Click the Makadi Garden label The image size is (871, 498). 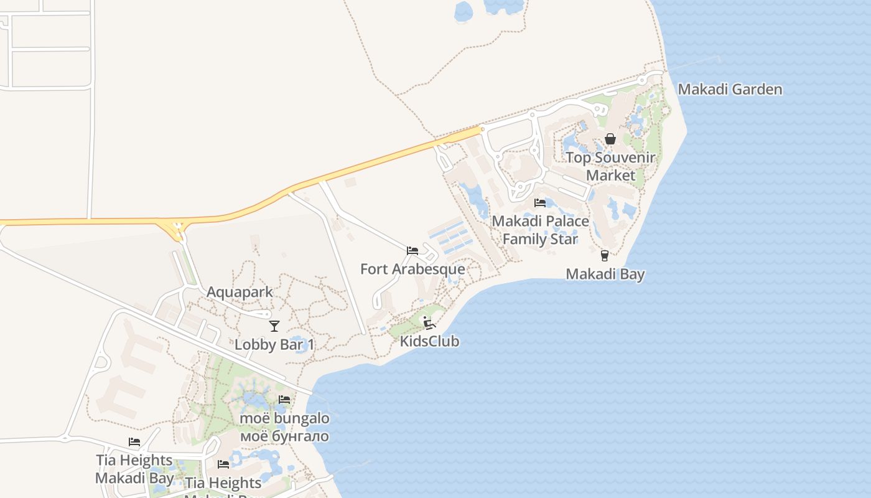point(730,89)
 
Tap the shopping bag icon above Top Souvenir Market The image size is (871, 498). point(610,139)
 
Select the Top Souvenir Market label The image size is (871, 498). point(610,166)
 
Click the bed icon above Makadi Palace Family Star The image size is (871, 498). point(540,203)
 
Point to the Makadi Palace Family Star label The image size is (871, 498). point(540,230)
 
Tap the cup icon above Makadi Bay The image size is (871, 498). point(604,255)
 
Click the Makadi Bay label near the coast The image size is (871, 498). point(605,274)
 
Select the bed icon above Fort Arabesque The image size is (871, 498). point(412,251)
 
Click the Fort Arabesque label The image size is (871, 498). point(412,269)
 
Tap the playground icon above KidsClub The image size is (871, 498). point(429,322)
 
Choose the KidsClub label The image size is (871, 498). point(429,341)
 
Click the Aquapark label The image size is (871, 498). point(240,292)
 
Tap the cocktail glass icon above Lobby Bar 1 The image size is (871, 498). point(274,326)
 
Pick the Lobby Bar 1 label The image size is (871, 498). point(274,344)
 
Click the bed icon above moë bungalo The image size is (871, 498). point(284,400)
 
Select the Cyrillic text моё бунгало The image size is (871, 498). point(284,436)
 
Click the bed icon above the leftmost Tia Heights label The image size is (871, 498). point(134,442)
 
